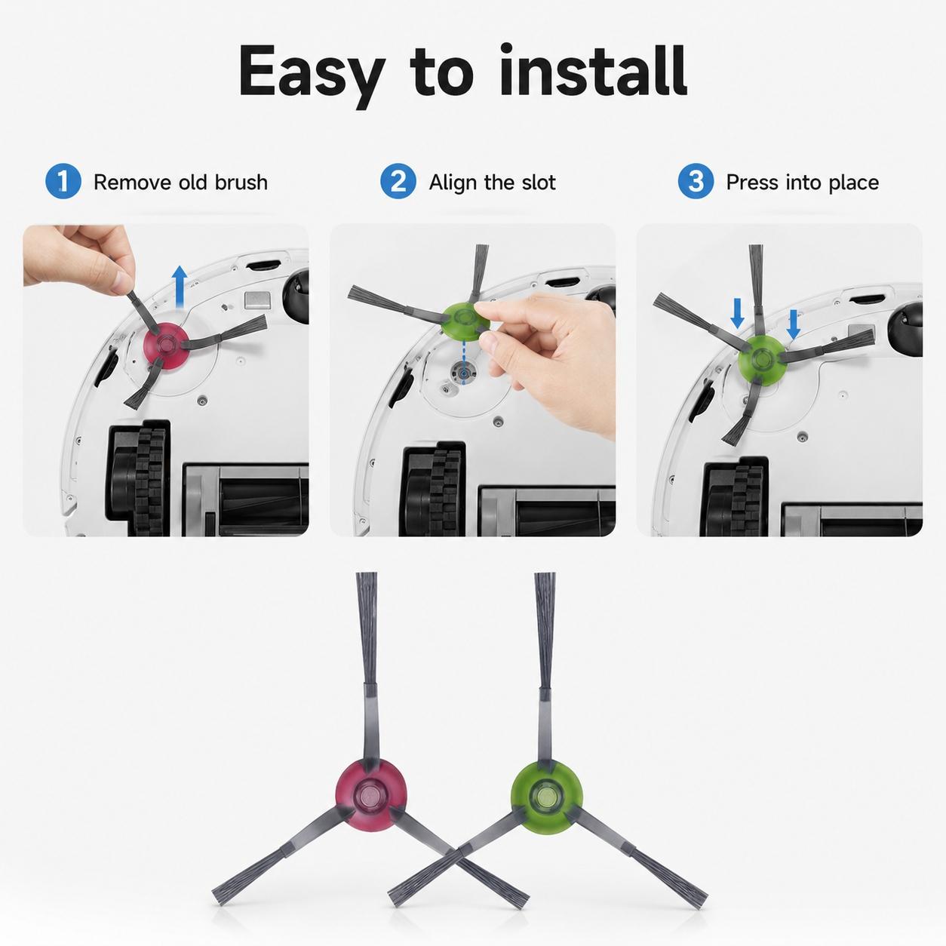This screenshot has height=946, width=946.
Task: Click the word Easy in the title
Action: pos(312,75)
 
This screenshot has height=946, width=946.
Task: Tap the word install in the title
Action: pos(592,70)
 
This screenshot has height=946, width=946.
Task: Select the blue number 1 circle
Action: pos(63,182)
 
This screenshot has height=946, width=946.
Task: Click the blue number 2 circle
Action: pos(398,182)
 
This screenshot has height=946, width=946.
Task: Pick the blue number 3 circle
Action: pos(696,182)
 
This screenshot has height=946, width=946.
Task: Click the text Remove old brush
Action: pos(180,183)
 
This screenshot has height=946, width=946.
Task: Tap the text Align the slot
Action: pos(493,183)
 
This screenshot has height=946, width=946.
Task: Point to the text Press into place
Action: pos(803,183)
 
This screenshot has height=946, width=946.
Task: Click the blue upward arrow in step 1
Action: pos(180,287)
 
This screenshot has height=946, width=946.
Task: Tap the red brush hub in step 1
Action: pos(165,346)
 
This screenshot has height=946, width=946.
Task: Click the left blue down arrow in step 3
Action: pos(737,314)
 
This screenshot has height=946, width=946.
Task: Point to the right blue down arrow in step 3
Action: pos(794,324)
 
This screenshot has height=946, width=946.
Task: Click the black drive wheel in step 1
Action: pos(139,478)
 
